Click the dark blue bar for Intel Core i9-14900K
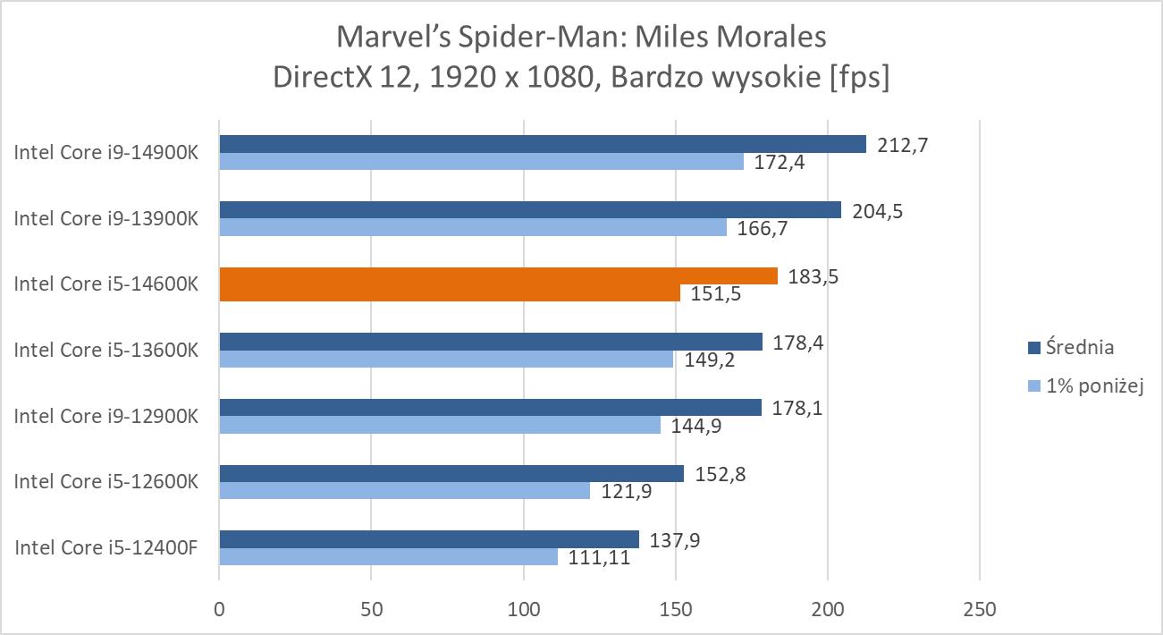pos(543,144)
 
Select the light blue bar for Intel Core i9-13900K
pos(473,228)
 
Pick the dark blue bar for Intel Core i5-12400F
pos(429,539)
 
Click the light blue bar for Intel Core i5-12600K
pos(404,491)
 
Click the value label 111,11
pos(598,558)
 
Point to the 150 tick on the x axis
pos(675,610)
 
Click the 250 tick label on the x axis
pos(979,610)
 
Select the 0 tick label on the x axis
pos(219,610)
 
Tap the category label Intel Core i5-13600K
pos(105,350)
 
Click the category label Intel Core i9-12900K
pos(105,416)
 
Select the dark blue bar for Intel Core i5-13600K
pos(491,342)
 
